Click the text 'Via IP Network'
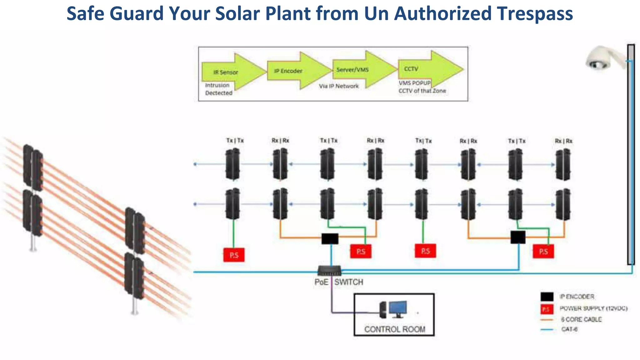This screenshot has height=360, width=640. tap(339, 86)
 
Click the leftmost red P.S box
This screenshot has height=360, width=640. tap(234, 255)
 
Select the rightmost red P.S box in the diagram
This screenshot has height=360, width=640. tap(543, 252)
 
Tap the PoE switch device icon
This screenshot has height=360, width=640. tap(329, 270)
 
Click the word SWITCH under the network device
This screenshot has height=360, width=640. tap(349, 282)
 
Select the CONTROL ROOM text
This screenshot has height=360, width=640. tap(395, 329)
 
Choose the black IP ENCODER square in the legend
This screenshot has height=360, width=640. tap(547, 297)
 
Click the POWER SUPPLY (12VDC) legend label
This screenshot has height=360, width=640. tap(593, 308)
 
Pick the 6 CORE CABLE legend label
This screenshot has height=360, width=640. tap(581, 319)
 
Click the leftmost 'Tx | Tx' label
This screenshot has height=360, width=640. tap(235, 141)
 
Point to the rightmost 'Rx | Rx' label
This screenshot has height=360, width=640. tap(563, 141)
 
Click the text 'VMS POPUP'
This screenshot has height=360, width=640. tap(414, 83)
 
